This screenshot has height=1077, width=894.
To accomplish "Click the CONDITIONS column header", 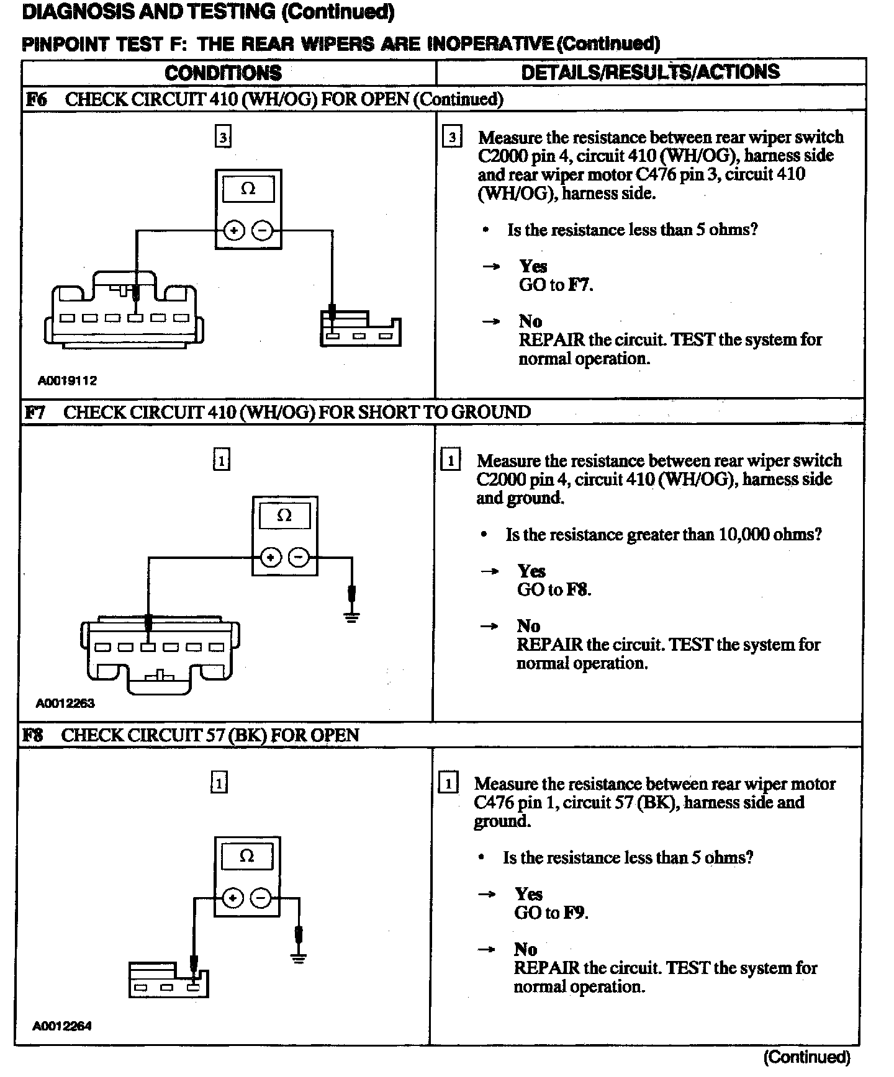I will pyautogui.click(x=223, y=73).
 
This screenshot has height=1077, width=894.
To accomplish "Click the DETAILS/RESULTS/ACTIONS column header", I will pyautogui.click(x=650, y=72).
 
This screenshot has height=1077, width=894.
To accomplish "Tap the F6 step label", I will pyautogui.click(x=36, y=99).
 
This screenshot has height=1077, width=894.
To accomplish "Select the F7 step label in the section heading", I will pyautogui.click(x=35, y=413).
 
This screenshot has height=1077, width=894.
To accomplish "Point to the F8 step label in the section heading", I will pyautogui.click(x=33, y=736).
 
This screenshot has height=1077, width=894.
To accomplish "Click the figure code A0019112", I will pyautogui.click(x=68, y=381).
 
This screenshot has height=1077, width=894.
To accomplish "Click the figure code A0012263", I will pyautogui.click(x=65, y=704).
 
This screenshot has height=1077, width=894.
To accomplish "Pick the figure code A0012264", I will pyautogui.click(x=62, y=1026).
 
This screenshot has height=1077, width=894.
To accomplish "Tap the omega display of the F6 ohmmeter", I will pyautogui.click(x=248, y=189).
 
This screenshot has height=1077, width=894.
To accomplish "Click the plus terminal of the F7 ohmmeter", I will pyautogui.click(x=270, y=558).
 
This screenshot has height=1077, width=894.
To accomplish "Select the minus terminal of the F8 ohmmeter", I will pyautogui.click(x=261, y=898).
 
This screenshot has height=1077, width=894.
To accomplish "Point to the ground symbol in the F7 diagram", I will pyautogui.click(x=351, y=616).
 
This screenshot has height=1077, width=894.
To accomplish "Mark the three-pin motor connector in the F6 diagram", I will pyautogui.click(x=361, y=329).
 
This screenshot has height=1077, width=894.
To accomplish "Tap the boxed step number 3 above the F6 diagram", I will pyautogui.click(x=223, y=136).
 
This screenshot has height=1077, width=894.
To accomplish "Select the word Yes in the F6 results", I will pyautogui.click(x=533, y=267).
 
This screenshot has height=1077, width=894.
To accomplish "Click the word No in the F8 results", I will pyautogui.click(x=525, y=949).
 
